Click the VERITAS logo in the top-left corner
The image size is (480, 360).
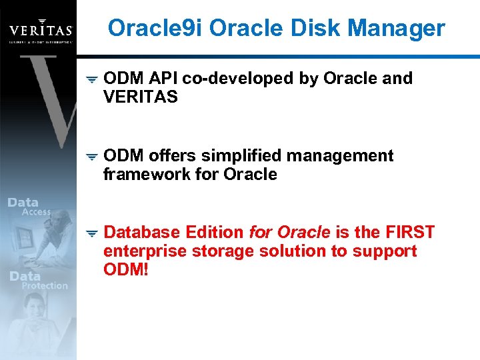click(40, 31)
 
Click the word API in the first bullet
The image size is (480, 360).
click(163, 79)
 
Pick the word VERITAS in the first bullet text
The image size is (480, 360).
click(141, 97)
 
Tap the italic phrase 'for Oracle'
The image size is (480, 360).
click(289, 233)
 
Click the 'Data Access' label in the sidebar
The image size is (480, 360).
click(29, 207)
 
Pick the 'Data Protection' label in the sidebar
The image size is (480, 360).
click(39, 281)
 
